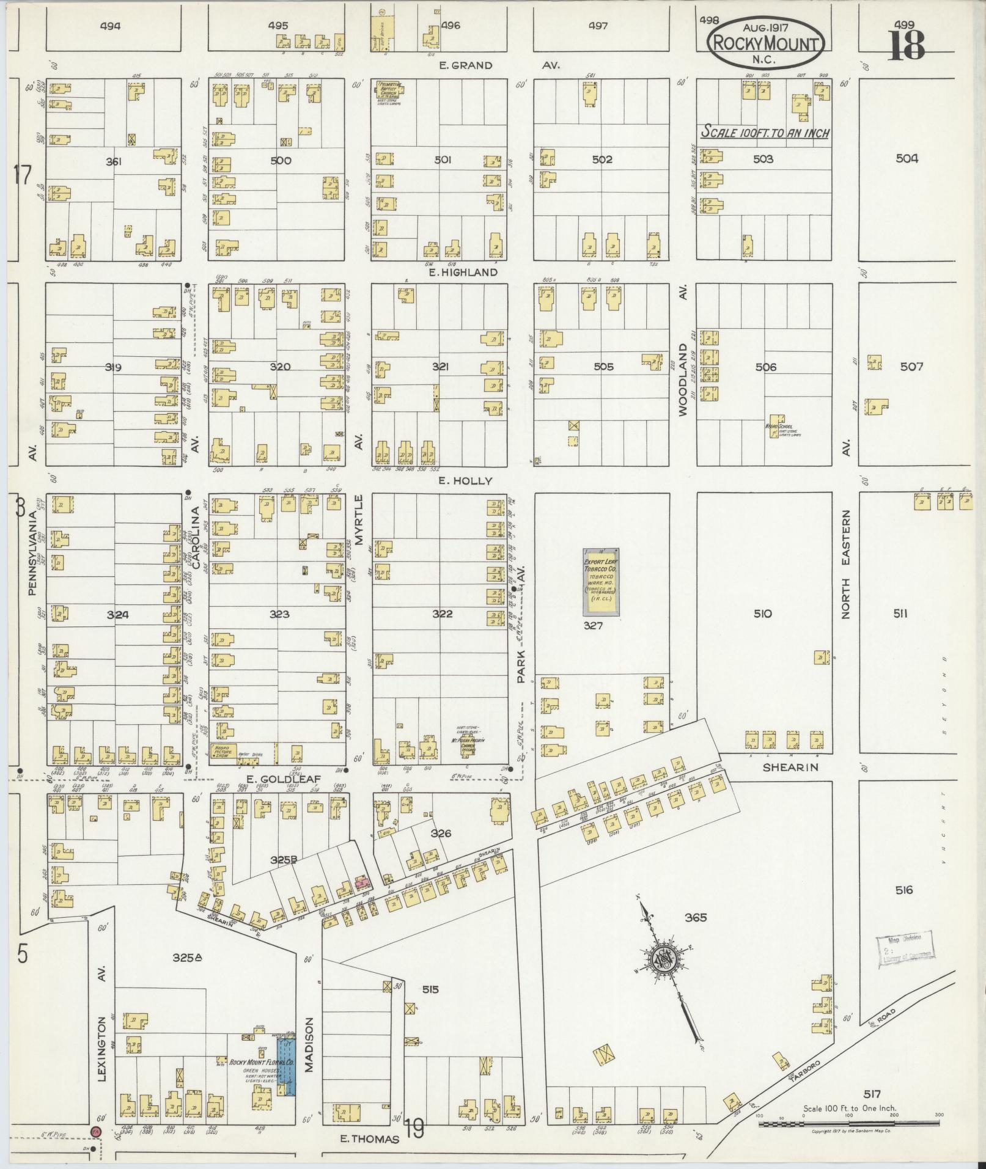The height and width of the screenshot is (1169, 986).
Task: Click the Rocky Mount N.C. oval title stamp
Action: coord(765,42)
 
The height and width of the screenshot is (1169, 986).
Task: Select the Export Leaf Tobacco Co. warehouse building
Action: coord(600,581)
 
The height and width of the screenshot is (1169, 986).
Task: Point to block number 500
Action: coord(280,161)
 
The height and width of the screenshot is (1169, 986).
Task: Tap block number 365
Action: coord(695,917)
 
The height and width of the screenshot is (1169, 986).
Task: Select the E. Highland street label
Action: coord(463,273)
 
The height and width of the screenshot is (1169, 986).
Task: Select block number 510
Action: coord(763,614)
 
